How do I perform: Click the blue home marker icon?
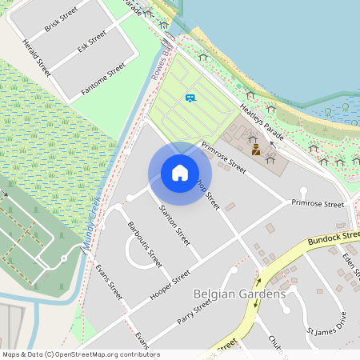click(x=180, y=173)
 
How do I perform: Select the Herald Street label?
click(x=37, y=58)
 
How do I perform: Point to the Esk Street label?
click(x=92, y=42)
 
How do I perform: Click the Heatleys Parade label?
click(x=262, y=123)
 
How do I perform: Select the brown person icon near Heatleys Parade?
click(x=256, y=149)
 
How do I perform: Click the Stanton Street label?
click(x=175, y=226)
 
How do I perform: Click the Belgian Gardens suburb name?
click(x=239, y=294)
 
